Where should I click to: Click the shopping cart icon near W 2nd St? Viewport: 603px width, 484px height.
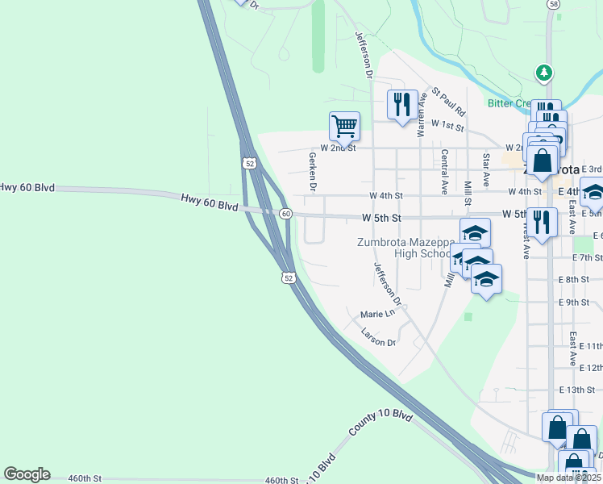(x=344, y=126)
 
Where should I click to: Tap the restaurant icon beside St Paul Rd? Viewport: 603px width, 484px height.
(x=402, y=104)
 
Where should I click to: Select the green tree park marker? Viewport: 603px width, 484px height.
(x=544, y=73)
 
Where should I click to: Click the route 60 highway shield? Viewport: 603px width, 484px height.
(x=285, y=214)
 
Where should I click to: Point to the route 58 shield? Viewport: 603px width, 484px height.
(x=552, y=4)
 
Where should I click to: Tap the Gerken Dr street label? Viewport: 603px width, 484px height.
(x=311, y=171)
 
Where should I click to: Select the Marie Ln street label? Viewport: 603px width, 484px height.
(x=378, y=313)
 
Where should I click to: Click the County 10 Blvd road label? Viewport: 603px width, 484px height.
(x=381, y=425)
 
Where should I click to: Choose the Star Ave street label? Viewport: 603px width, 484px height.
(x=486, y=169)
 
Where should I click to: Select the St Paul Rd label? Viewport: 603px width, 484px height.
(x=449, y=102)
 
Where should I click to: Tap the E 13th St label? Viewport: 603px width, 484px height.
(x=576, y=390)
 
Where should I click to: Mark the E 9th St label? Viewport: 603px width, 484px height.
(x=574, y=302)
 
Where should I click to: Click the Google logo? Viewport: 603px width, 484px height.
(x=27, y=474)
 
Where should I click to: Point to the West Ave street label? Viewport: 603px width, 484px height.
(x=525, y=239)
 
